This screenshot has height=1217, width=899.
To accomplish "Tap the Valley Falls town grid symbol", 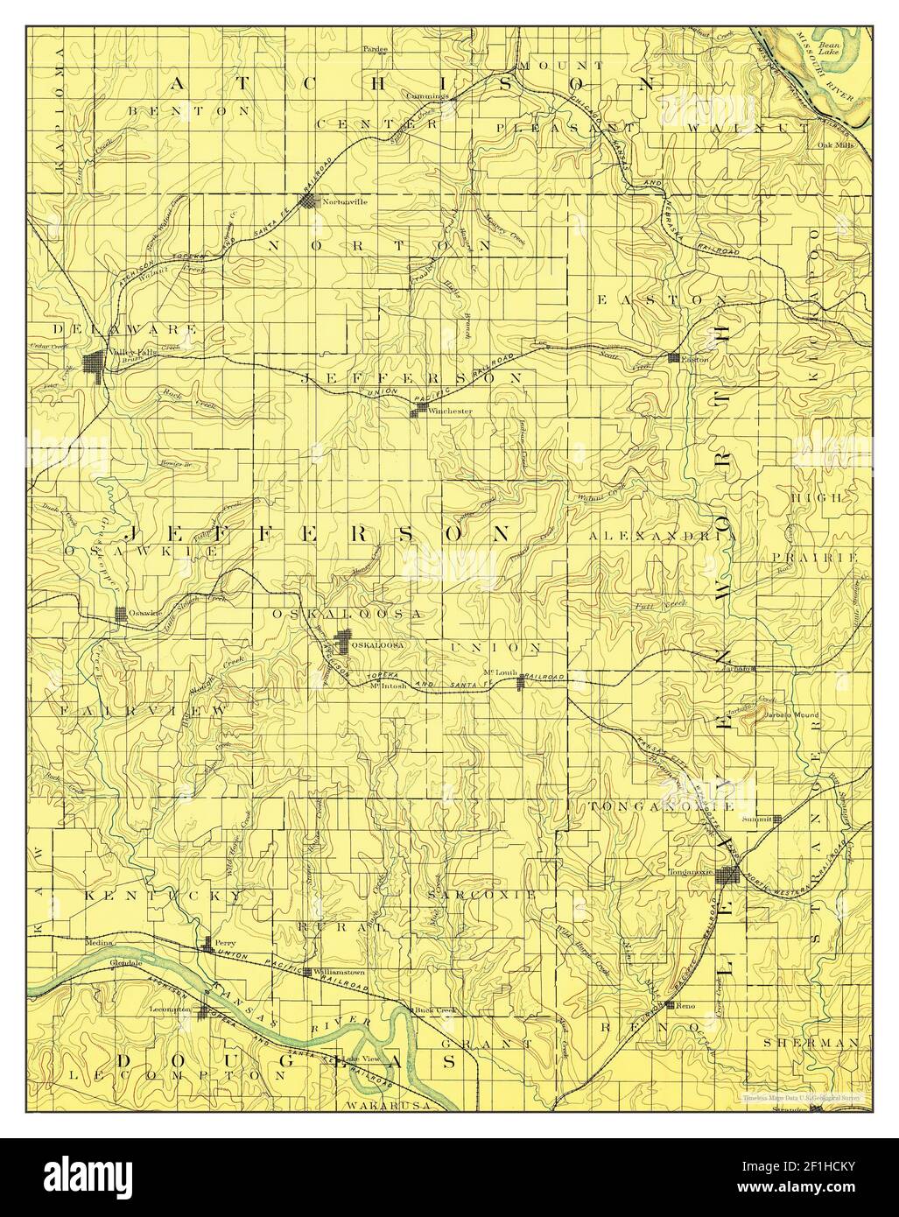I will pyautogui.click(x=95, y=362).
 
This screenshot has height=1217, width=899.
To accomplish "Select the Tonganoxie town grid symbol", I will pyautogui.click(x=728, y=876).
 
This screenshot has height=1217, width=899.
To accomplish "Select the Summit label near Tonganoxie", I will pyautogui.click(x=757, y=820).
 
